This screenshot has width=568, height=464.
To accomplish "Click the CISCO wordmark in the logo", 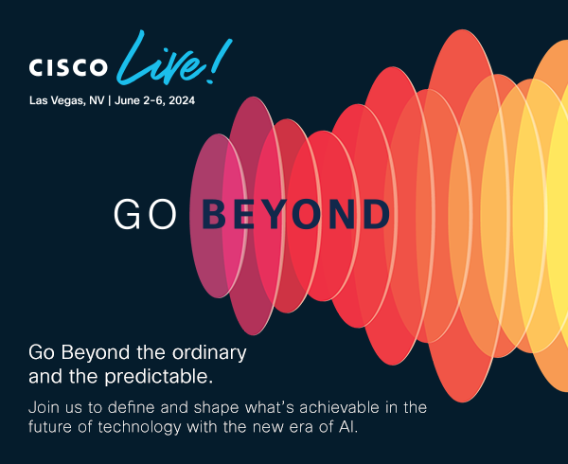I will [x=68, y=68].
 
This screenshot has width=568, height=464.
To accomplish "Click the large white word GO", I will [x=145, y=215].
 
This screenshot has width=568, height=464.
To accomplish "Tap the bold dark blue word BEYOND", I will [x=296, y=215].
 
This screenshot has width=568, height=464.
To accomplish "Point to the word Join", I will [x=44, y=407].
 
